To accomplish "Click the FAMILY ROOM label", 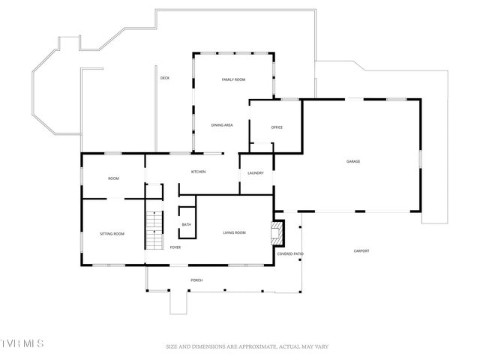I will [233, 79].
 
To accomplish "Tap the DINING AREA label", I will [221, 125].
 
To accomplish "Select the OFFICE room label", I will [277, 127].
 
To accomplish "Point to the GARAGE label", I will [353, 161].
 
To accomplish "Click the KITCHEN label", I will [198, 172].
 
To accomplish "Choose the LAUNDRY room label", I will [255, 173].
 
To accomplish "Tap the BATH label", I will [186, 224].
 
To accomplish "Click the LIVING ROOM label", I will [234, 233].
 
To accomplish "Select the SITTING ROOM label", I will [112, 234].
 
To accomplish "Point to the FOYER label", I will [175, 247].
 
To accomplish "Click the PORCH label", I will [196, 280].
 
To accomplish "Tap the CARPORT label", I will [361, 250].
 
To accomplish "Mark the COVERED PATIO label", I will [290, 254].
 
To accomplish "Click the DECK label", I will [164, 78].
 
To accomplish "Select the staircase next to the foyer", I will [154, 228].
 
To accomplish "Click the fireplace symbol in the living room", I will [277, 232].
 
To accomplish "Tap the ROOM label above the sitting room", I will [113, 178].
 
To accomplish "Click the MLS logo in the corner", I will [22, 344].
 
